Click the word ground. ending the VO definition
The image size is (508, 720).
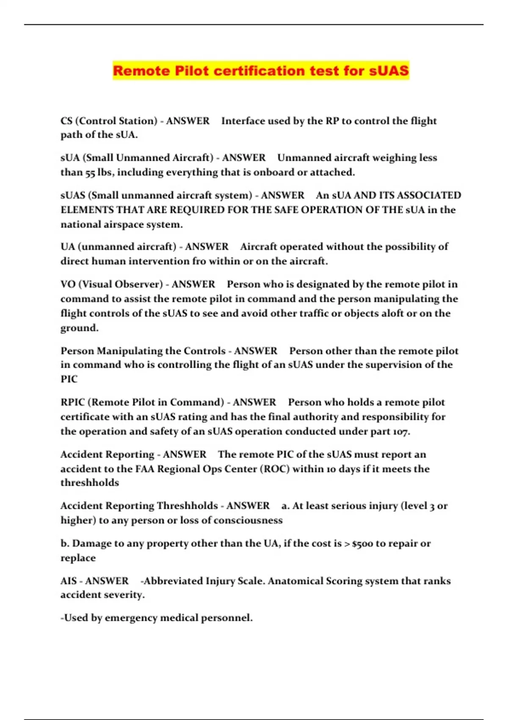tap(80, 328)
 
